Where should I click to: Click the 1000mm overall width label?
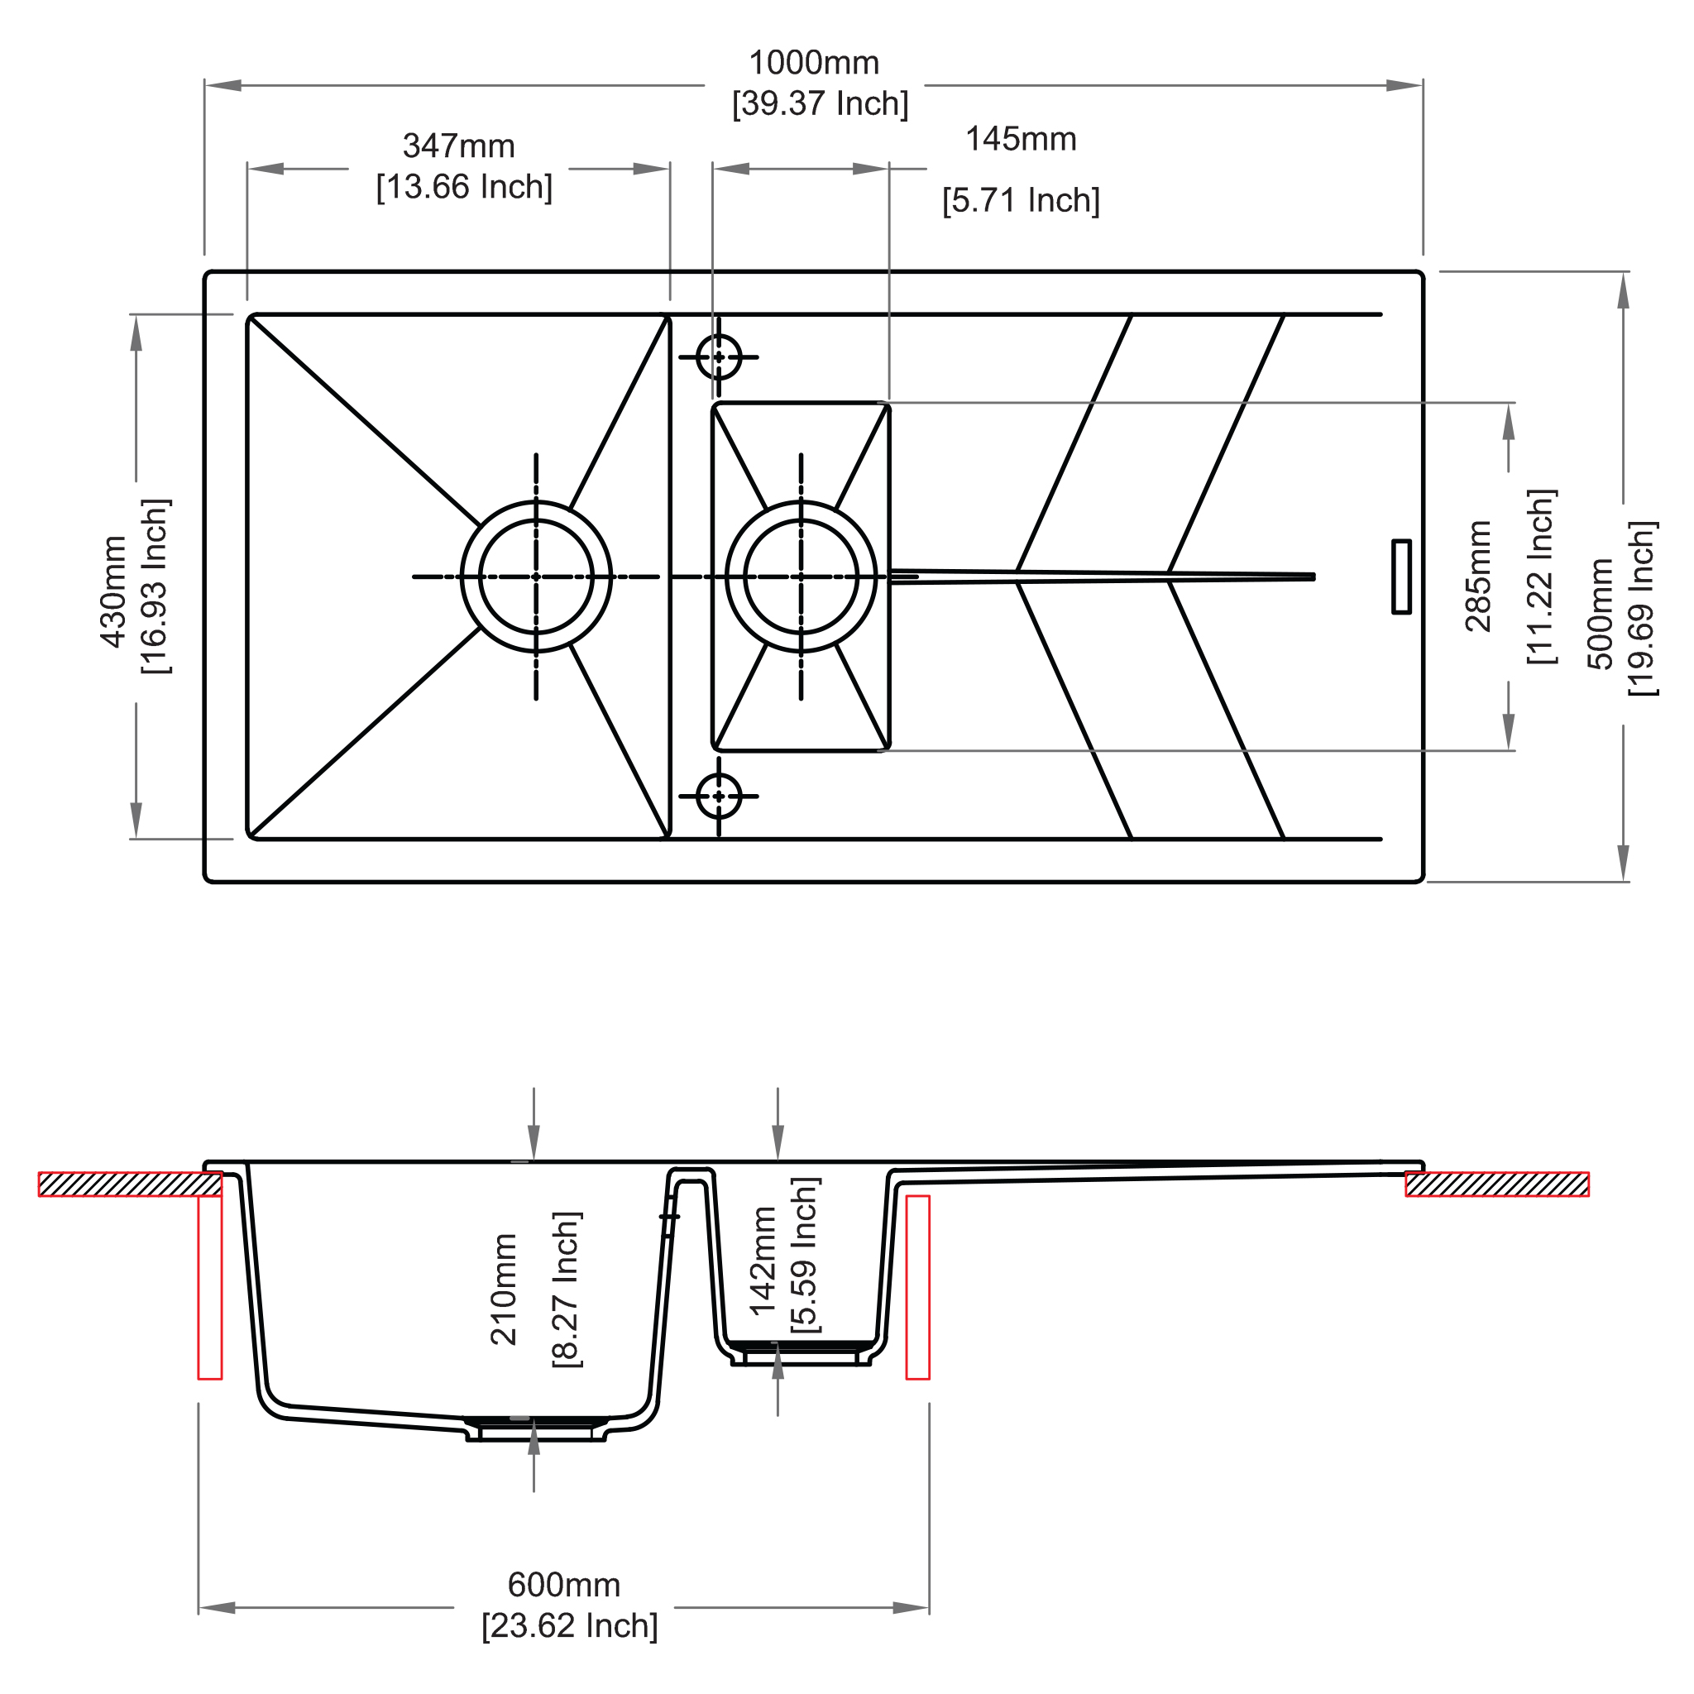click(814, 63)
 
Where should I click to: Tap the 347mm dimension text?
click(458, 146)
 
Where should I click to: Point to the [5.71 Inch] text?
click(1021, 201)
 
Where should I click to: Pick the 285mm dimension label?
click(1478, 576)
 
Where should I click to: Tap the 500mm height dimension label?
click(1601, 614)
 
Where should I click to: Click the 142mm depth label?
click(763, 1261)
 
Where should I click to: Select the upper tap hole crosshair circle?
click(719, 357)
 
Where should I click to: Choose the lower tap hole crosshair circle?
click(719, 797)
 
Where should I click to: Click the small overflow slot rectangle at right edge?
click(1402, 576)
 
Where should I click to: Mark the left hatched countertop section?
click(130, 1184)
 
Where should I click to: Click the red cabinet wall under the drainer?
click(917, 1287)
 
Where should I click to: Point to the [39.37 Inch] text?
click(821, 104)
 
